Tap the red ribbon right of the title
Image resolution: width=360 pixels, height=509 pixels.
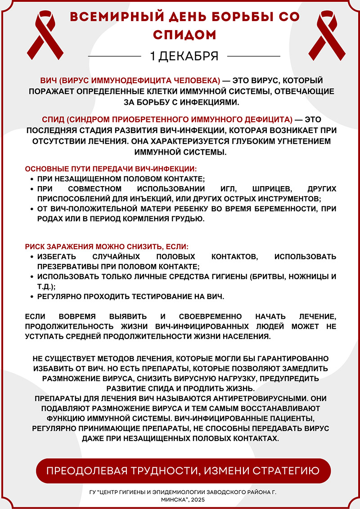(x=320, y=33)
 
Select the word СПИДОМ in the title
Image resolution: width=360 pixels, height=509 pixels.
(x=184, y=35)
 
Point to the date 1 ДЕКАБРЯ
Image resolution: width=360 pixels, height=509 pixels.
(x=184, y=56)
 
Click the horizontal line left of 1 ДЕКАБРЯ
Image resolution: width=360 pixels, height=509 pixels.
(x=115, y=56)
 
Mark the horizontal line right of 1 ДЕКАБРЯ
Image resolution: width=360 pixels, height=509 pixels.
(x=254, y=56)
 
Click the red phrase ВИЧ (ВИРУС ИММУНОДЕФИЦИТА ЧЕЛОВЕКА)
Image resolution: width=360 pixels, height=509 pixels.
(x=130, y=80)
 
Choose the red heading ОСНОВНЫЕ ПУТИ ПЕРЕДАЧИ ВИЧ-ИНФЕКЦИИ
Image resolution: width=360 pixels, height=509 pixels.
(x=111, y=169)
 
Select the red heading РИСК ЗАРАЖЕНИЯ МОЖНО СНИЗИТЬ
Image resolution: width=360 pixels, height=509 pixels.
(x=106, y=247)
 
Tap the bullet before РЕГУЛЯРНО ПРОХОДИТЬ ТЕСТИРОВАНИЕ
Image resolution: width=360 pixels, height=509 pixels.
(x=31, y=297)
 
